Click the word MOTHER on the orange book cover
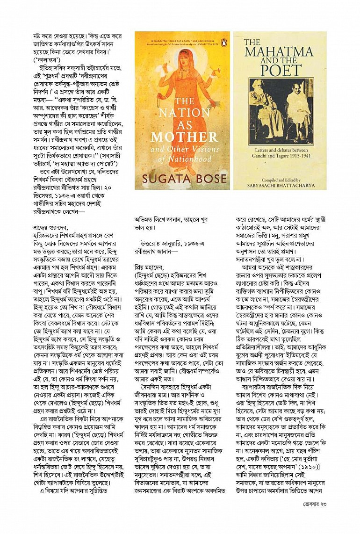185,137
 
